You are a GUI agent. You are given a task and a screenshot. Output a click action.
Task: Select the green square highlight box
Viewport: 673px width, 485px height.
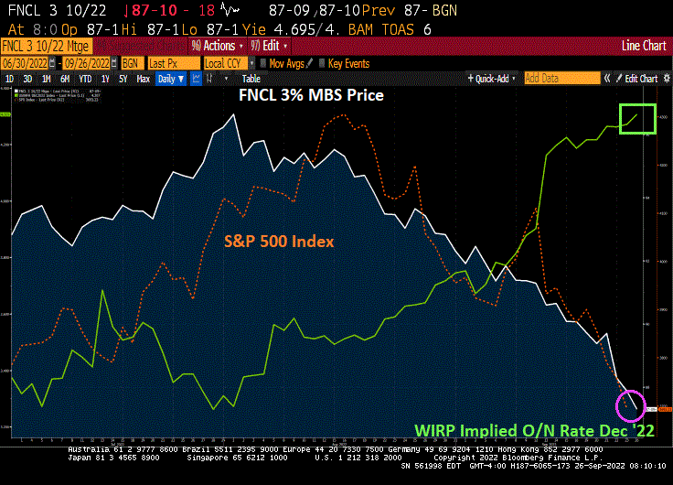pos(638,118)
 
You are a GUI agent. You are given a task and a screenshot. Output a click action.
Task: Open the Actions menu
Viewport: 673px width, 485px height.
pos(217,46)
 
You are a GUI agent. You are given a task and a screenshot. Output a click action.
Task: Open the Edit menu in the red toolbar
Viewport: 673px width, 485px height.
pos(272,46)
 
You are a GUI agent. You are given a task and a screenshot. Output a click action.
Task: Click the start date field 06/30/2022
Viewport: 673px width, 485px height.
pos(25,63)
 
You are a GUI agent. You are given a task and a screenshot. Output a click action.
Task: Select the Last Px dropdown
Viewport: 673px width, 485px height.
pos(172,63)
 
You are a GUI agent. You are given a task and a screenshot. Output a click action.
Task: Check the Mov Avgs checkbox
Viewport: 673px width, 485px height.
pos(263,63)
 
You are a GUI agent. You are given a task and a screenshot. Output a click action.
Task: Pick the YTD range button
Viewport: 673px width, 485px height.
pos(86,79)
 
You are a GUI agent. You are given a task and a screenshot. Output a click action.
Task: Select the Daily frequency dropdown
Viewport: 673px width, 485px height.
pos(170,79)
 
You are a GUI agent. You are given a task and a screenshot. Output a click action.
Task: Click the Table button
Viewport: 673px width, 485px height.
pos(251,79)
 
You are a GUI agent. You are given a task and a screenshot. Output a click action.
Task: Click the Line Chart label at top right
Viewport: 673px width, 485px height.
pos(644,46)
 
